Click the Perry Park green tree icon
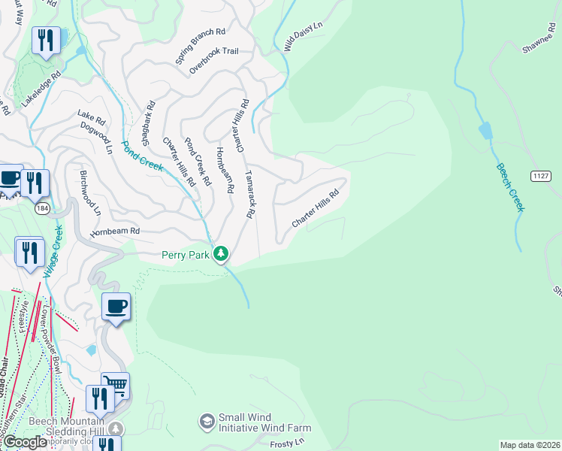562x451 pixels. tap(221, 254)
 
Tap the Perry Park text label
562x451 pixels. tap(186, 255)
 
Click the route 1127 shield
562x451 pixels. tap(540, 176)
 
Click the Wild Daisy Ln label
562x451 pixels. tap(302, 36)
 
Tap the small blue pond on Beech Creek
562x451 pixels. tap(485, 131)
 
